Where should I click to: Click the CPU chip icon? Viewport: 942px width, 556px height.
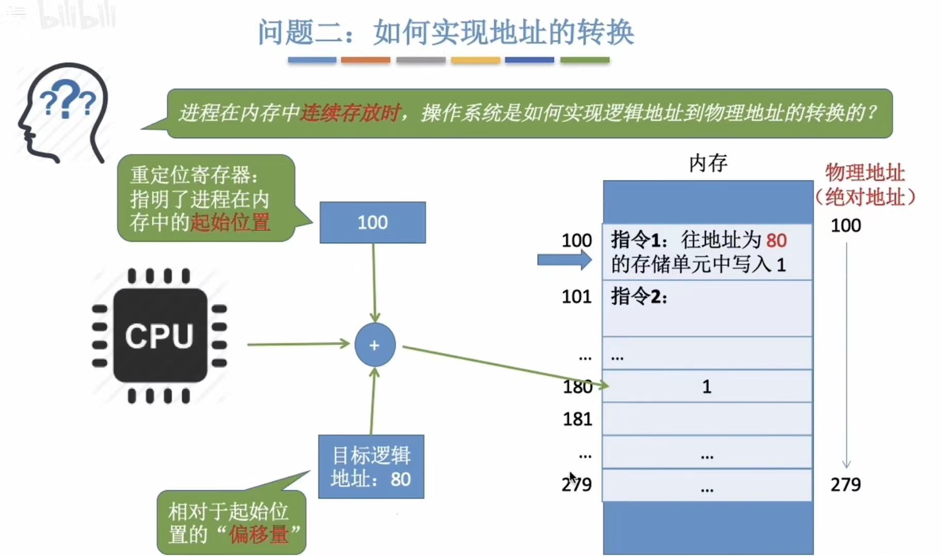click(159, 335)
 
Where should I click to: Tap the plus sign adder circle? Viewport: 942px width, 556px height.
click(375, 345)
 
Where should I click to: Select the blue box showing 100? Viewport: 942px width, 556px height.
click(372, 223)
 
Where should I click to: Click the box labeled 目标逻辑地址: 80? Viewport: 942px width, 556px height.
click(371, 467)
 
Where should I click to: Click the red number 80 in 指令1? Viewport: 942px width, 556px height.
click(776, 241)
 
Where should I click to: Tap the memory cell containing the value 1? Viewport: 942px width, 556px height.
click(707, 386)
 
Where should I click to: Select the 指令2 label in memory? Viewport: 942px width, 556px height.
click(639, 297)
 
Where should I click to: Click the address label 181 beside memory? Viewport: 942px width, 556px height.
click(577, 419)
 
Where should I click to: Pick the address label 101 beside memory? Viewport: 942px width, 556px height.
click(576, 297)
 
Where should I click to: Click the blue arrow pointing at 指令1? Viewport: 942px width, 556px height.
click(564, 260)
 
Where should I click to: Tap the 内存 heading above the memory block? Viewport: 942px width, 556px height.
click(708, 163)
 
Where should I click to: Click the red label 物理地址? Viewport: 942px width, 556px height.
click(865, 173)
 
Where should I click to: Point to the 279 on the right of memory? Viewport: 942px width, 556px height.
click(846, 484)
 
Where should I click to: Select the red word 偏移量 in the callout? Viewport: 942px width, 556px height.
click(259, 534)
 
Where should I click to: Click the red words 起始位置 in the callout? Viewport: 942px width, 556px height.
click(230, 223)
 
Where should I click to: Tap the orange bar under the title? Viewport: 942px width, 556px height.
click(365, 60)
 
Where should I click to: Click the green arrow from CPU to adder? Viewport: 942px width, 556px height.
click(298, 344)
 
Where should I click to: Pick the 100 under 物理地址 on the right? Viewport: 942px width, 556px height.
click(846, 226)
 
